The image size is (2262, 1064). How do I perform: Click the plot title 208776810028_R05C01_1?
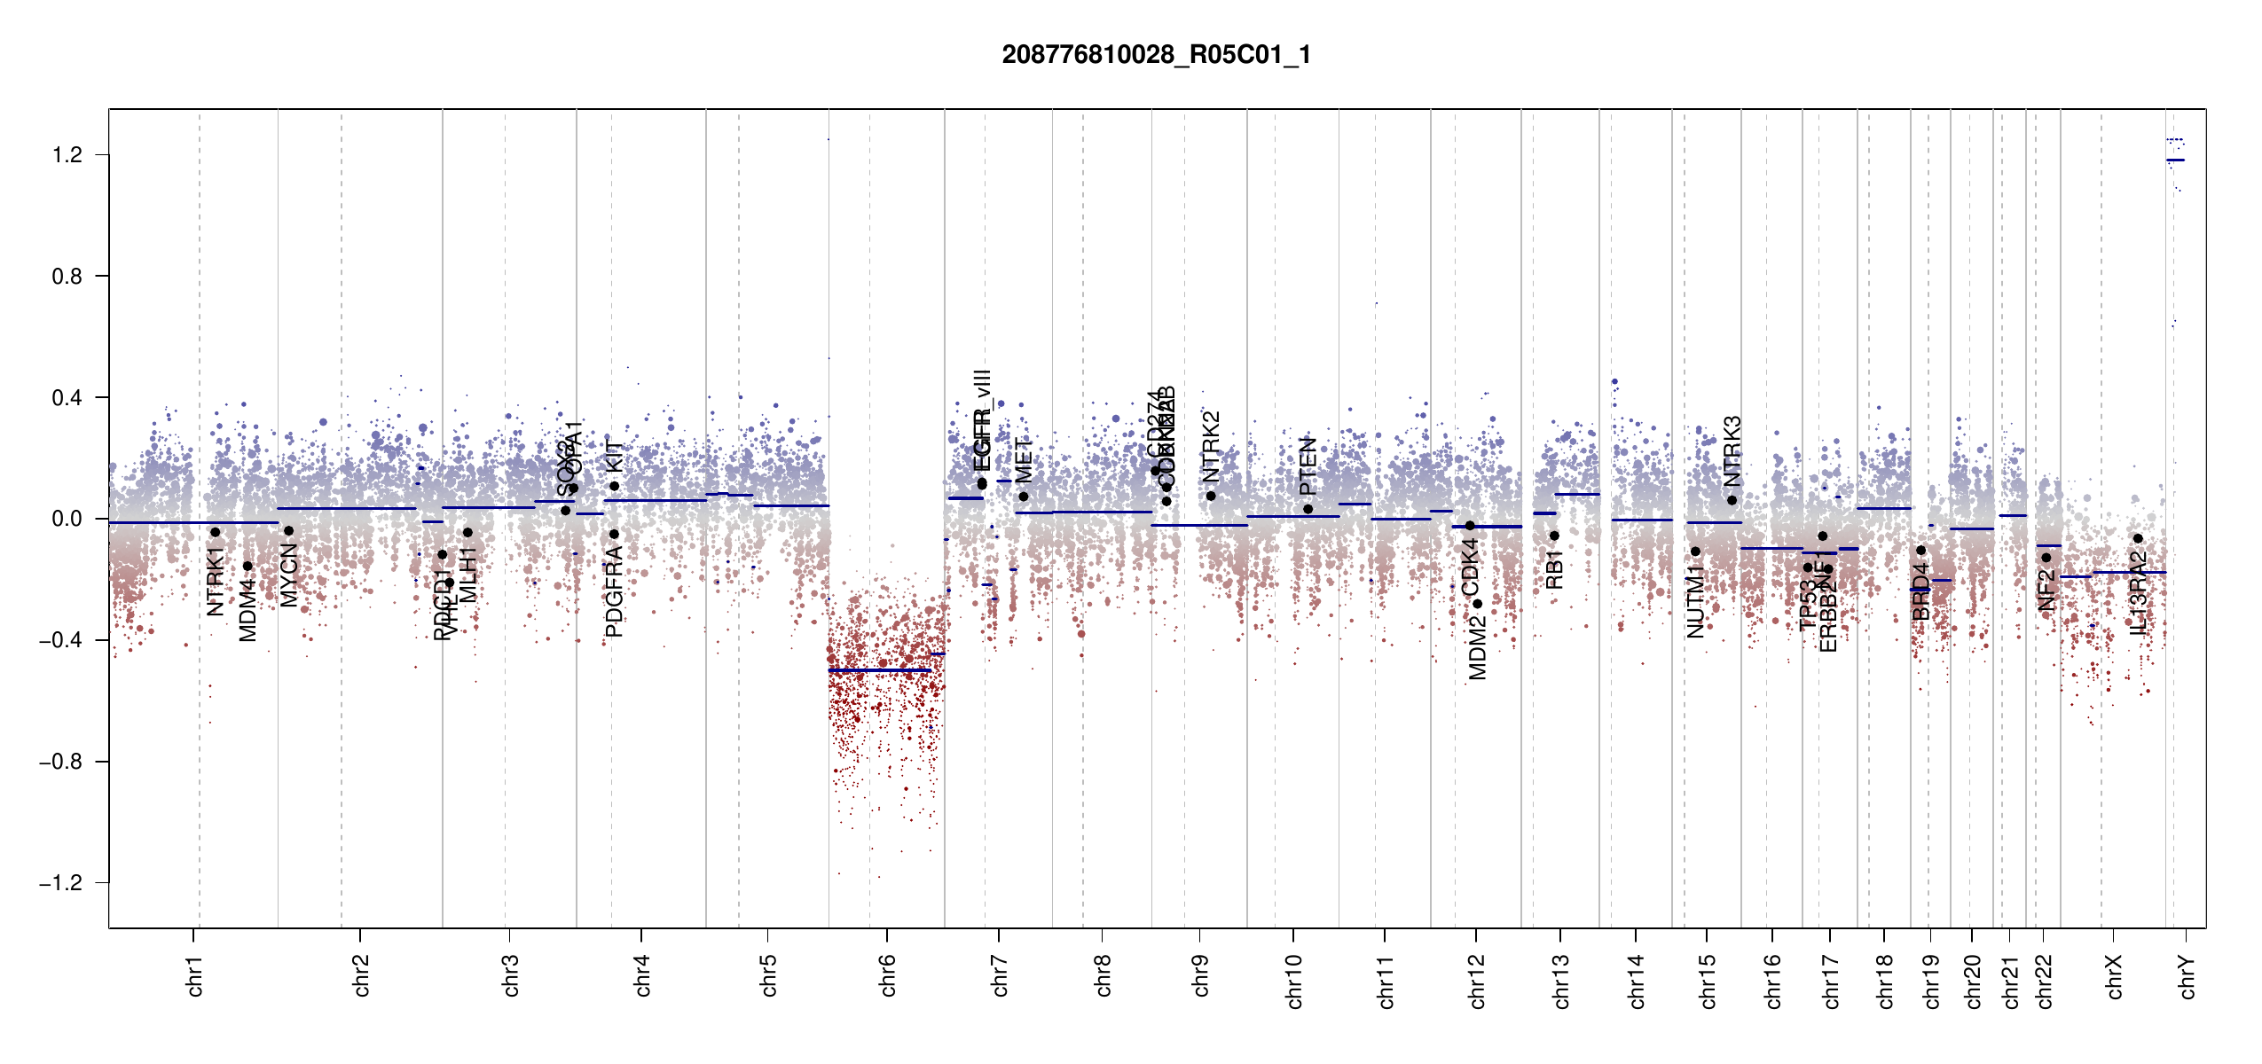(x=1156, y=55)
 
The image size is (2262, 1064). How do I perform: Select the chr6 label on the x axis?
(x=887, y=975)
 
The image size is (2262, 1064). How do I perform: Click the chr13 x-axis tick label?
(x=1561, y=982)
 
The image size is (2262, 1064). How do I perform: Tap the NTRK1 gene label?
(x=215, y=582)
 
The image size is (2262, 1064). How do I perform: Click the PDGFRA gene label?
(x=614, y=592)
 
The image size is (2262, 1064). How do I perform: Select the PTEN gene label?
(x=1308, y=466)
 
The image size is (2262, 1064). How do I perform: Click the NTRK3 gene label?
(x=1732, y=450)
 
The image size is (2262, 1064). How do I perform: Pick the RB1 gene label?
(x=1554, y=569)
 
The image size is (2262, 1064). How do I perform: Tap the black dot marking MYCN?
(x=288, y=531)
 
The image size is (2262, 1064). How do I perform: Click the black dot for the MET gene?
(x=1024, y=497)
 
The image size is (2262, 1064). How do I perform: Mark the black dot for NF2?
(x=2046, y=558)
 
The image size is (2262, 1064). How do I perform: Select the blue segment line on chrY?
(x=2175, y=160)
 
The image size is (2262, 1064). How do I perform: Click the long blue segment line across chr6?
(x=878, y=670)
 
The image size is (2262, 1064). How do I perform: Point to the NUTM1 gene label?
(x=1695, y=603)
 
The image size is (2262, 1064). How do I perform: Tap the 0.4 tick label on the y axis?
(x=67, y=398)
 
